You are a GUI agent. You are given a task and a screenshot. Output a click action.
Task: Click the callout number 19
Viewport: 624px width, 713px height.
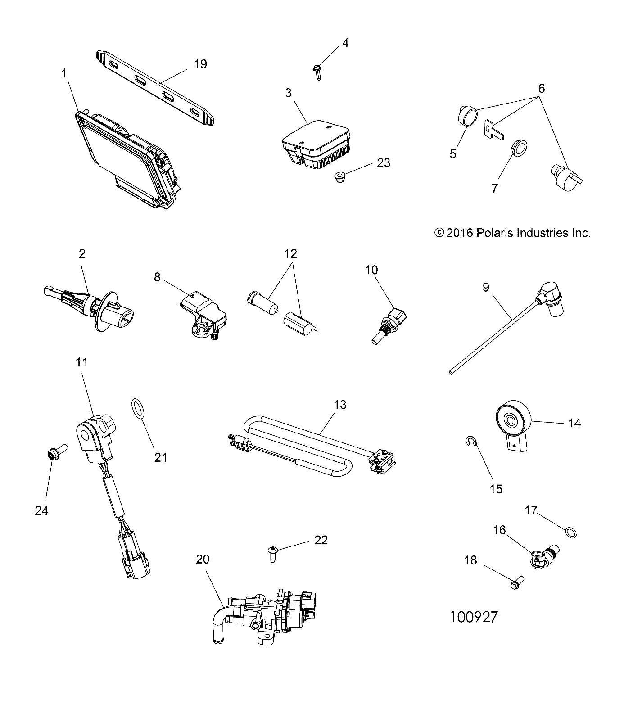tap(200, 64)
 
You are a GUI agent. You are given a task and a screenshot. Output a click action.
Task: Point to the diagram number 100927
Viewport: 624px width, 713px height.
tap(474, 616)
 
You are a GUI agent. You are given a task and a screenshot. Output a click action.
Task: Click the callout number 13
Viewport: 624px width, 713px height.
tap(340, 405)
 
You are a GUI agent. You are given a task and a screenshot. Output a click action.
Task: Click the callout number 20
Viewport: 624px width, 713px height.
tap(203, 559)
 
